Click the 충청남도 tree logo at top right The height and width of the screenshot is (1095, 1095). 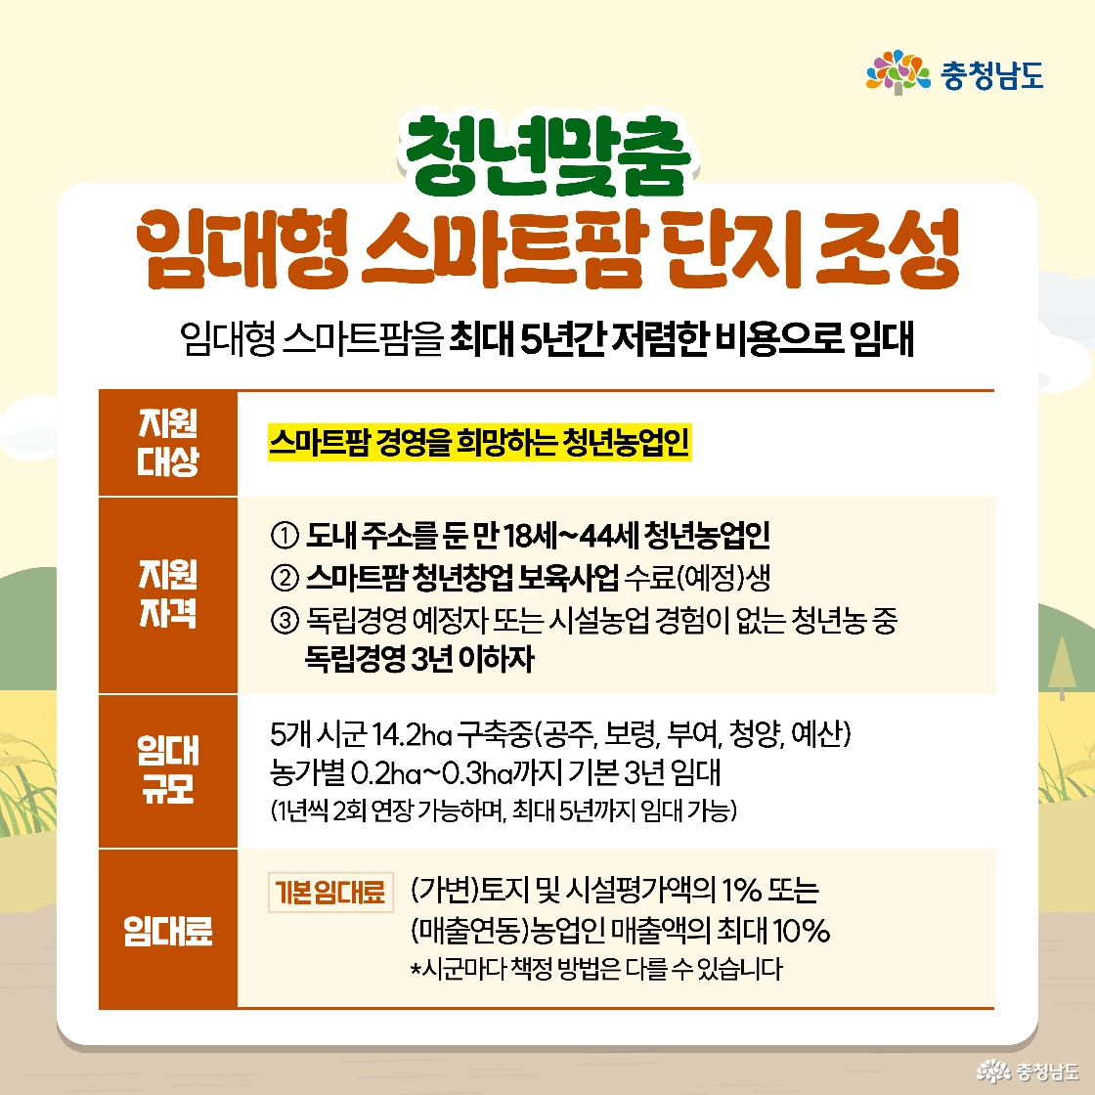click(x=897, y=73)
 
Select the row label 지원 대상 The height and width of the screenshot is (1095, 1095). click(x=168, y=443)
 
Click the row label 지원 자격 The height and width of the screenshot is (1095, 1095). click(x=168, y=594)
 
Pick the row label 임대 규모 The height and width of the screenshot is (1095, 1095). click(x=168, y=770)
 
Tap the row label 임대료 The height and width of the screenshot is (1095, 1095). click(x=168, y=930)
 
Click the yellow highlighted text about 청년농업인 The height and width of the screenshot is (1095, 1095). click(x=479, y=444)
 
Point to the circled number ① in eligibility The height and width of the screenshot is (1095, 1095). click(x=282, y=537)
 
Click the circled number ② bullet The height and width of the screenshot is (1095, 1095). click(x=282, y=578)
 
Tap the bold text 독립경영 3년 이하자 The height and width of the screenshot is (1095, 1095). click(x=418, y=659)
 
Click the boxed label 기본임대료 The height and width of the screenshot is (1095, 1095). click(x=330, y=893)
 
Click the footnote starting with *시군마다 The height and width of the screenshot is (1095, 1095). click(x=596, y=970)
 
